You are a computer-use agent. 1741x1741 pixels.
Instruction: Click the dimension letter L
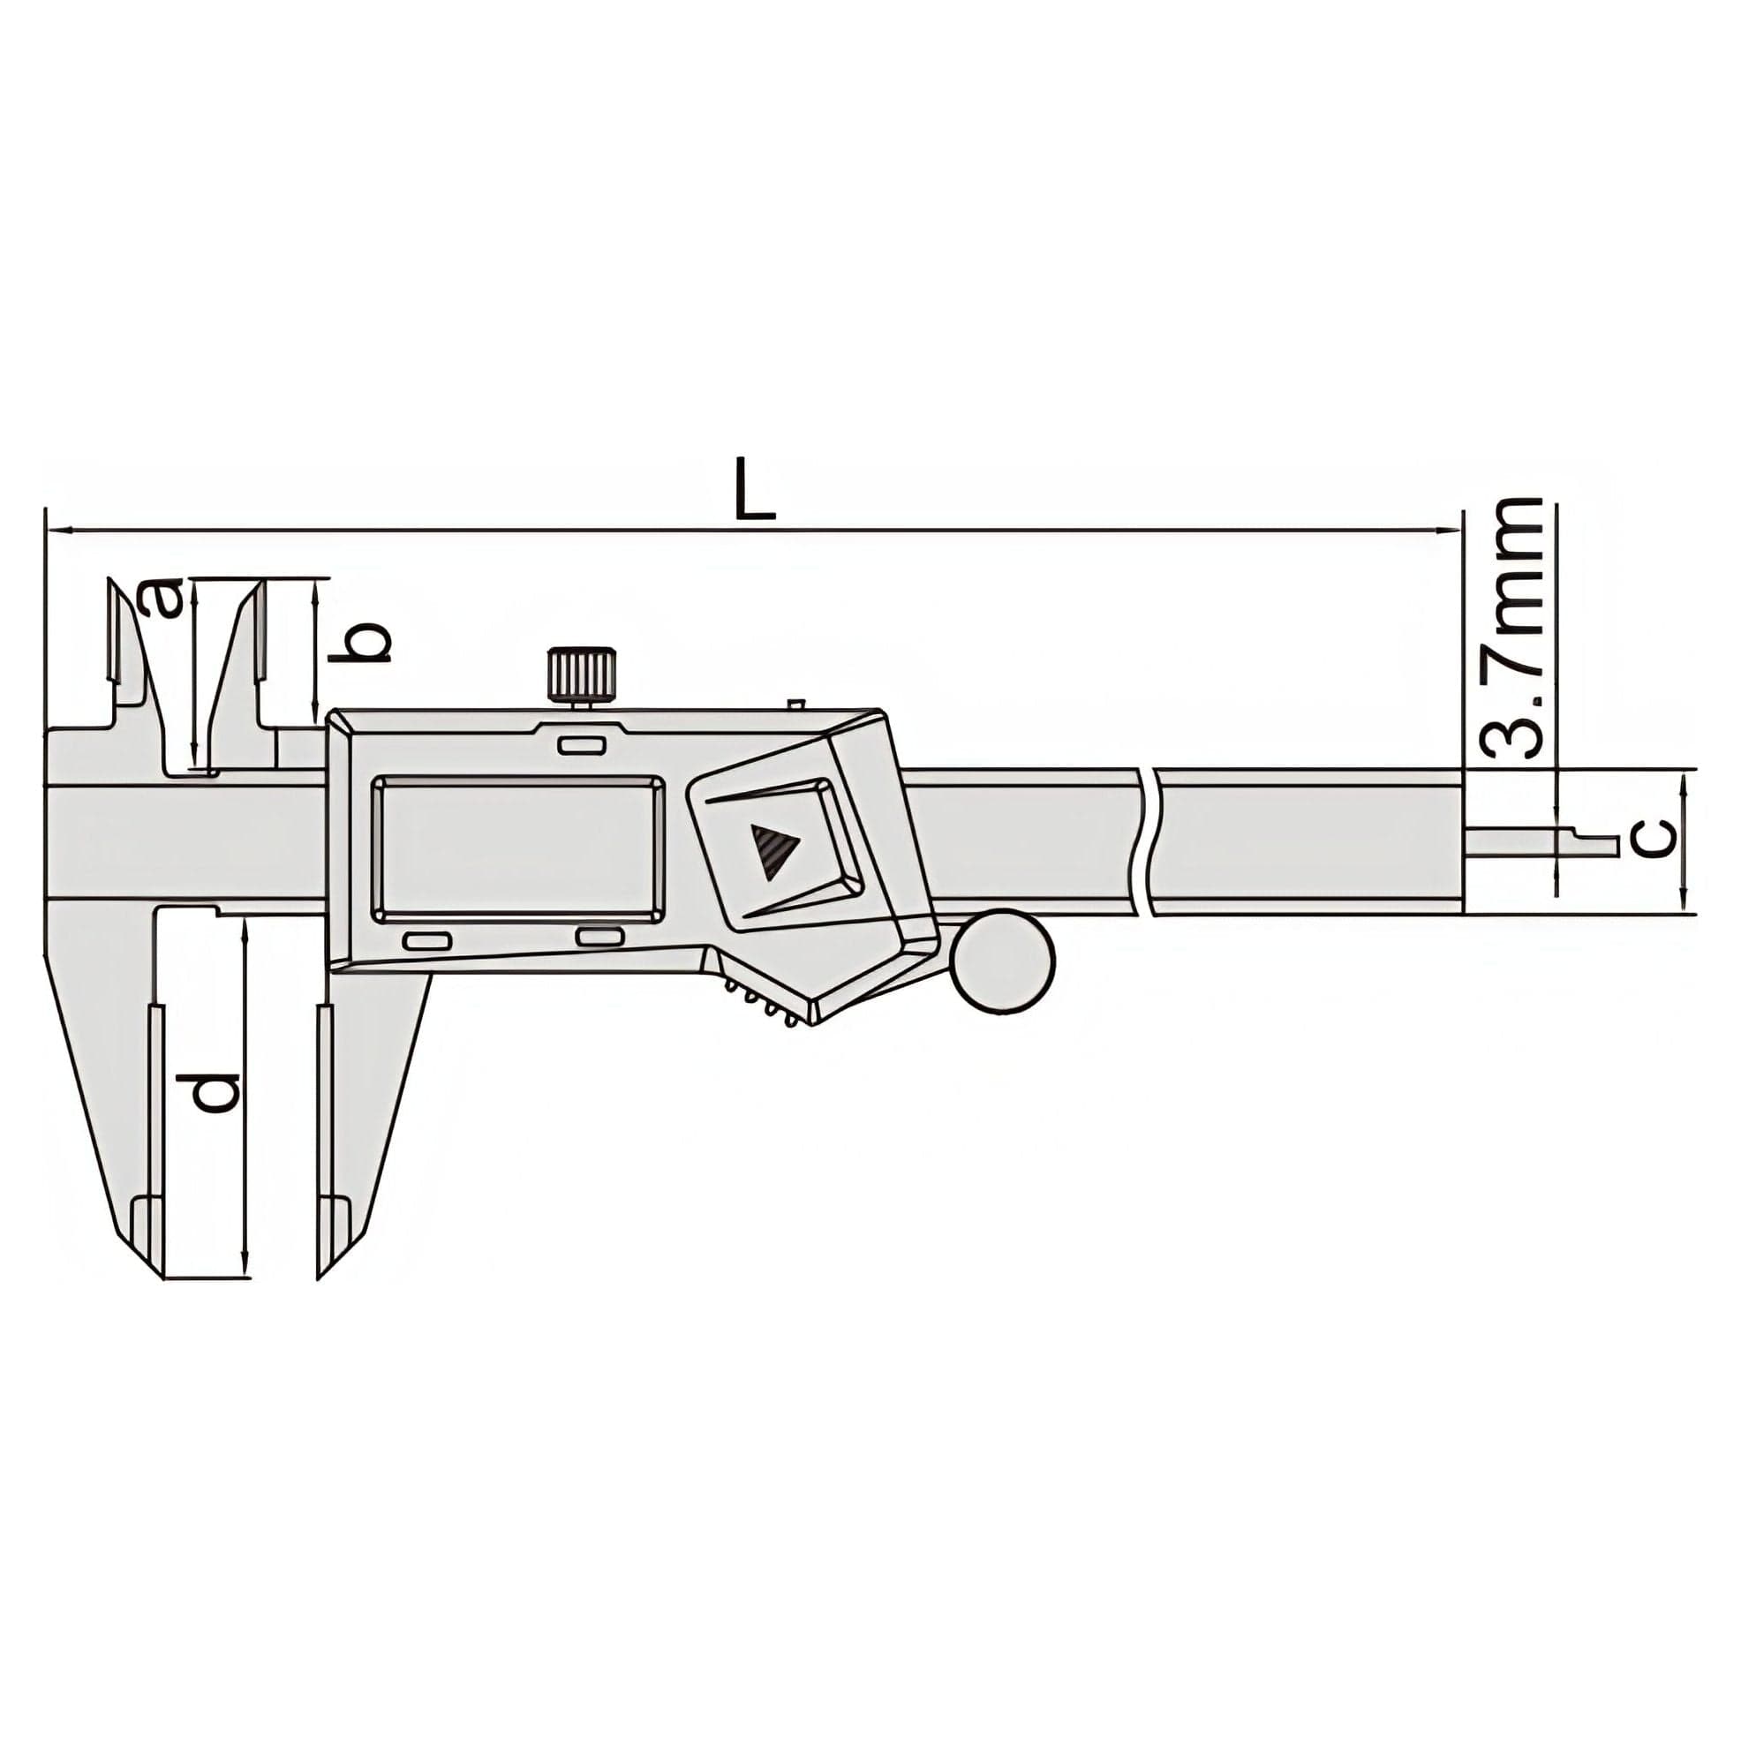point(753,490)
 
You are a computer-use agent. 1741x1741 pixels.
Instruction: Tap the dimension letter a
point(165,599)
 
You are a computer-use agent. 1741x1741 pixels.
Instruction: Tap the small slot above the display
point(581,743)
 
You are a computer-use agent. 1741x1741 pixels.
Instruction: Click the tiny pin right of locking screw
point(795,702)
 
